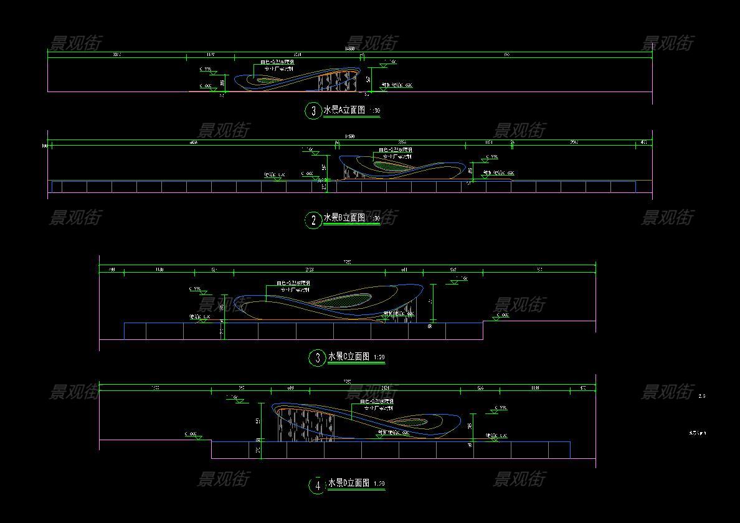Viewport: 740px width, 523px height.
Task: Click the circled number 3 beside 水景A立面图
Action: click(x=313, y=111)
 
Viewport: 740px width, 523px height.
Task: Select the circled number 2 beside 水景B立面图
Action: click(x=313, y=220)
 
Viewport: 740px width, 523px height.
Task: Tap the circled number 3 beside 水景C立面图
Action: click(x=318, y=357)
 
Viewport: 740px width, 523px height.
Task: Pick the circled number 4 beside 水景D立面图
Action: click(x=318, y=485)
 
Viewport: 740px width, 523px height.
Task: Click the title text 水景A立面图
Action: click(x=344, y=111)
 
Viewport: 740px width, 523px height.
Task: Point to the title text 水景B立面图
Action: click(x=344, y=218)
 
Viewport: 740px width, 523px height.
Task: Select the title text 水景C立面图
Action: click(x=349, y=357)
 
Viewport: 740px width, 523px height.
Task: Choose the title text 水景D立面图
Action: click(x=349, y=483)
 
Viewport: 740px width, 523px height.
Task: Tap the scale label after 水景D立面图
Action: click(x=379, y=484)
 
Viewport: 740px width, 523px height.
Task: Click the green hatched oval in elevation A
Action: click(x=268, y=80)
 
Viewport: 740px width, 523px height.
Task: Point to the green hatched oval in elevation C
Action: click(x=349, y=299)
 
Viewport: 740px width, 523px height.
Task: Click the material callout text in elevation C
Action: click(x=293, y=286)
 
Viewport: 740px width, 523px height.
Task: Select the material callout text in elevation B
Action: click(x=396, y=153)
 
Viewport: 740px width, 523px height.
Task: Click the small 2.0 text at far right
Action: click(x=702, y=396)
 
